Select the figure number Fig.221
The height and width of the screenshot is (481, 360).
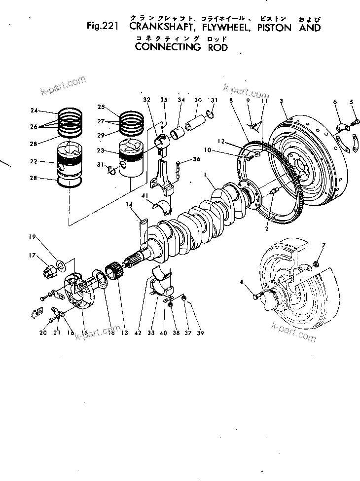(101, 28)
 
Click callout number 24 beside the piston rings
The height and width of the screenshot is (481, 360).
(34, 110)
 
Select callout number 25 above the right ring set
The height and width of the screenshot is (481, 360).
(102, 107)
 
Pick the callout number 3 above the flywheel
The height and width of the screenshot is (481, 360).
(281, 101)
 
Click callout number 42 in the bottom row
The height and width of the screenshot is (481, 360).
(139, 333)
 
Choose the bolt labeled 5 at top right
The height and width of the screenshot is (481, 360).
(354, 119)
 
